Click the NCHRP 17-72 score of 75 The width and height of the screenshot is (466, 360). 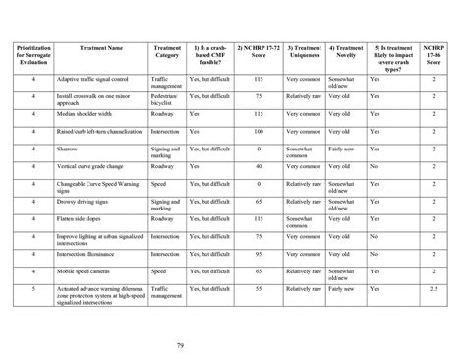click(x=259, y=96)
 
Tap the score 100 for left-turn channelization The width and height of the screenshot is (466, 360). click(x=259, y=131)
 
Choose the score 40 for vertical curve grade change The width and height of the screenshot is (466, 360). click(x=259, y=166)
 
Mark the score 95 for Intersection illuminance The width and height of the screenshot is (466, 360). click(x=259, y=253)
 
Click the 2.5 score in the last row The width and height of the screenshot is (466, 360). click(x=434, y=287)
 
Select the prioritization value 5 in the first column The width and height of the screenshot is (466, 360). click(x=32, y=287)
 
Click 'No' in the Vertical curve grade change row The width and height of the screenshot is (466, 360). click(x=374, y=166)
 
